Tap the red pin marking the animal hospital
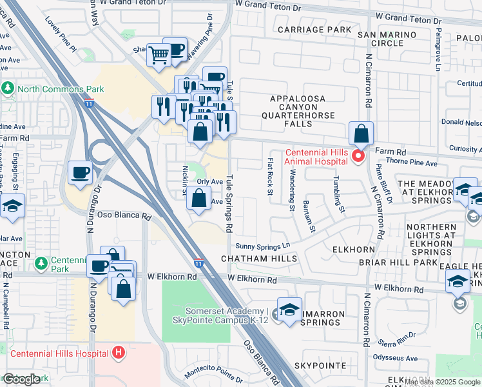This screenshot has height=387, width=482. [x=358, y=156]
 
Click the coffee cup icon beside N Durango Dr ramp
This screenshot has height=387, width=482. [x=81, y=172]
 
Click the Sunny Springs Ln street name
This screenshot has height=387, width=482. [x=263, y=246]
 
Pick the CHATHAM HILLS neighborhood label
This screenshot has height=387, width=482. [x=259, y=259]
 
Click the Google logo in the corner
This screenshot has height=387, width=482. [x=21, y=380]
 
